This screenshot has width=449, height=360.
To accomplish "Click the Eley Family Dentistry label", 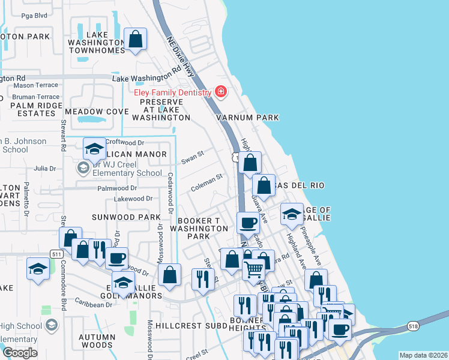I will (x=173, y=92).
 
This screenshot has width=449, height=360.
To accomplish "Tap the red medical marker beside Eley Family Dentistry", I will (x=221, y=92).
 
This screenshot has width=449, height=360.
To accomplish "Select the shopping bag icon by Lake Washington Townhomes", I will (x=136, y=40).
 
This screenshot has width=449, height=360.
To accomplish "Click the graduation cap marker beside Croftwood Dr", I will (x=94, y=148).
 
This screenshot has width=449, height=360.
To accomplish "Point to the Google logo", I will (x=19, y=353).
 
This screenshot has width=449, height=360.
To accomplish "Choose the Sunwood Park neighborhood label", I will (x=126, y=217).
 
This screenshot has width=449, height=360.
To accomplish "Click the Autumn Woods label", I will (x=97, y=341).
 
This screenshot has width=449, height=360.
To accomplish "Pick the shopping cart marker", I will (x=254, y=270).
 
